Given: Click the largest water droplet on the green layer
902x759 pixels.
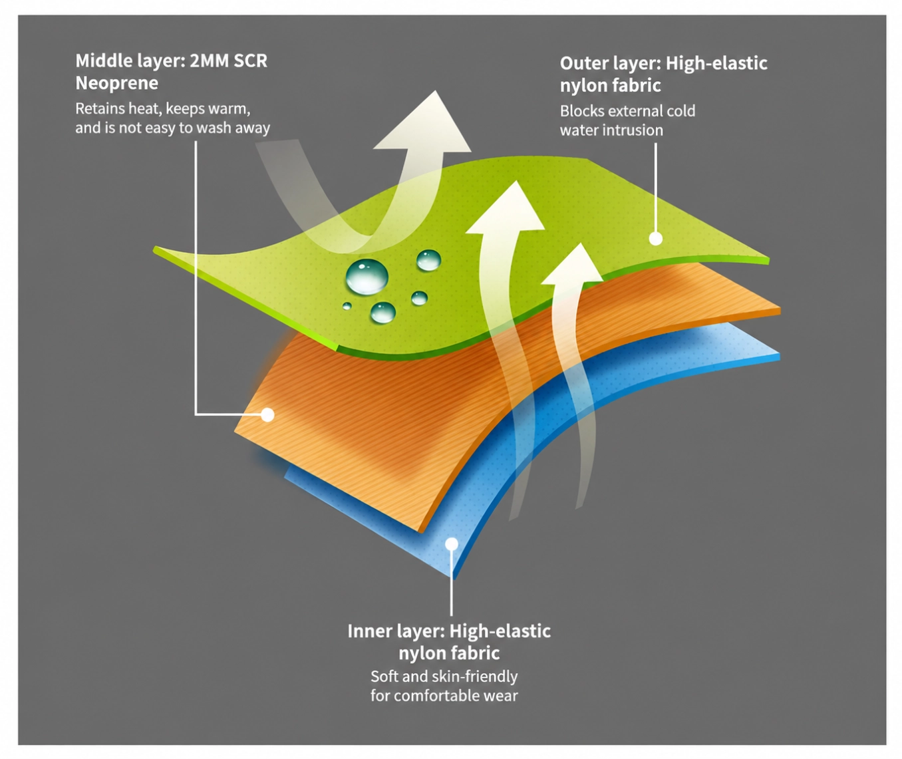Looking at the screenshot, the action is pos(367,277).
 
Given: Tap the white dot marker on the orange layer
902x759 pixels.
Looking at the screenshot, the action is pos(268,414).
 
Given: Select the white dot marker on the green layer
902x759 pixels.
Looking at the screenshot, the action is pos(656,238).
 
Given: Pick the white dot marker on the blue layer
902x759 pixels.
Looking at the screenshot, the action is pos(452,543).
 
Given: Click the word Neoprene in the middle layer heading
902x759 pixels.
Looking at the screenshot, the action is pos(116,83).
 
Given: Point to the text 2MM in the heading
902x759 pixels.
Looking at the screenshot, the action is pos(210,61).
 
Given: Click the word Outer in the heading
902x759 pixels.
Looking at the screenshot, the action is pos(585,63).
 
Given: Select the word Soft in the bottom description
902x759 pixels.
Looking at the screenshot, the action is pos(384,676).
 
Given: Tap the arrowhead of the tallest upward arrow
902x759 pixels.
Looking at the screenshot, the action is pos(506,208).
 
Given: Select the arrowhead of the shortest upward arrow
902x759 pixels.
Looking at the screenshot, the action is pos(572,264).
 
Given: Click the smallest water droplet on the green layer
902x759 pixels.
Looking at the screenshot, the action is pos(347,306).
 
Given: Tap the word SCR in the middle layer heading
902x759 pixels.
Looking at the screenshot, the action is pos(251,61).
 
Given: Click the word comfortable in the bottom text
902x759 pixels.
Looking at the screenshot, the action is pos(437,696).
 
